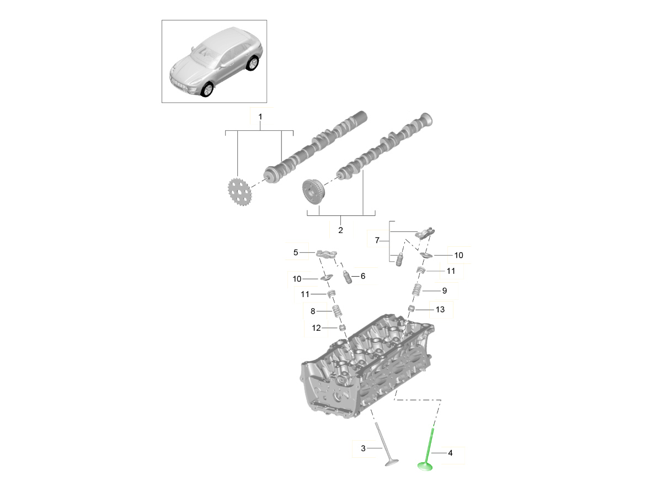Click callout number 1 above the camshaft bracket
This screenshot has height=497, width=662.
260,117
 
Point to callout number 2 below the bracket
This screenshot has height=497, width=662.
340,230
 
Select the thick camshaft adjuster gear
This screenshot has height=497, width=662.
313,192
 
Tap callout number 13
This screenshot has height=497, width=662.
440,309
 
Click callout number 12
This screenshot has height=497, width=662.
316,327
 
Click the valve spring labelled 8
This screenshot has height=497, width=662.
337,311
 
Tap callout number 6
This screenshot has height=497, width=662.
363,276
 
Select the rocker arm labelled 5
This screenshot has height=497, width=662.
327,253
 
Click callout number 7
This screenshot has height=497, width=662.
377,240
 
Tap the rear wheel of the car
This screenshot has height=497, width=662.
252,63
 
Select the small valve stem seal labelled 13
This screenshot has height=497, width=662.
410,308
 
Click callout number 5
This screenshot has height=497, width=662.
296,252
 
